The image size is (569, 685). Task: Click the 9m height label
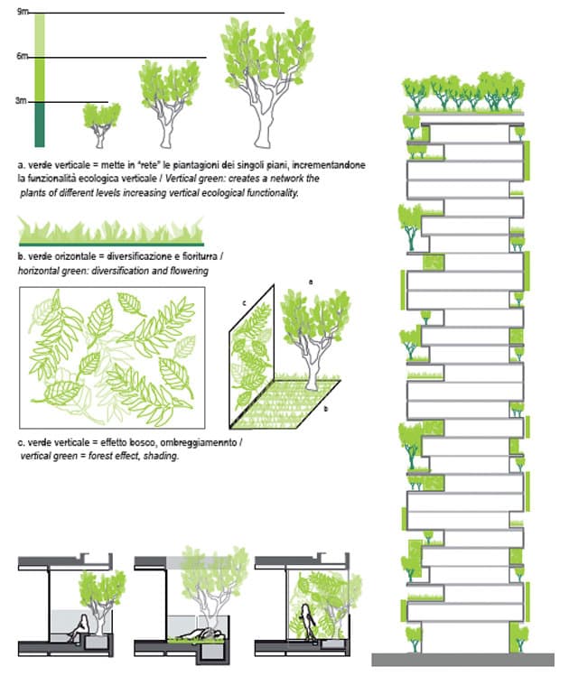coord(23,12)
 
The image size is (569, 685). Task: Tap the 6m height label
coord(23,56)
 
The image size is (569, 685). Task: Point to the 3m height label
coord(21,101)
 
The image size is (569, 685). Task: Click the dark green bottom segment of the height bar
coord(40,125)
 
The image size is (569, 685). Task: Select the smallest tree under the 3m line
coord(101,125)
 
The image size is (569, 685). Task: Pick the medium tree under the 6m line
coord(169,104)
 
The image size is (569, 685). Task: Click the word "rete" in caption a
coord(147,165)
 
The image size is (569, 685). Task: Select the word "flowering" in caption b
coord(191,271)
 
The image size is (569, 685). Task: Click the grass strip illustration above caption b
coord(111,232)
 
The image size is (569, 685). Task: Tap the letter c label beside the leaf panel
coord(244,302)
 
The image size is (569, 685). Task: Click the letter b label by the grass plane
coord(325,410)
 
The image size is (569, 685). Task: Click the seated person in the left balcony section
coord(79,628)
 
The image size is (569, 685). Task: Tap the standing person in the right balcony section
coord(309,621)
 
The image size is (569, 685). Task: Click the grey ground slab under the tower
coord(462,659)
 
